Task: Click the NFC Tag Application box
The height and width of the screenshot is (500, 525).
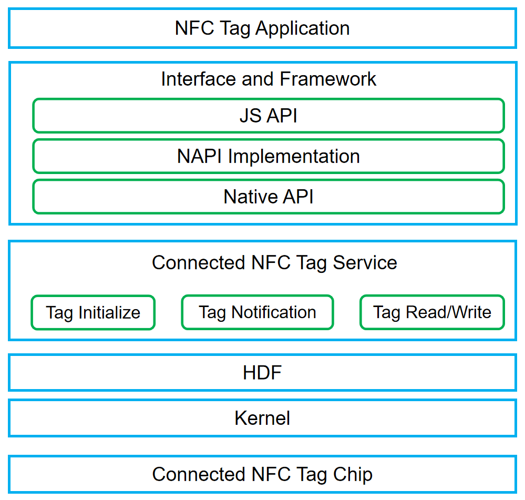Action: pos(263,28)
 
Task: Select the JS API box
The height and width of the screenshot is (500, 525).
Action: pos(269,116)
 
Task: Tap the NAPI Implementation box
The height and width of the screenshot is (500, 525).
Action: pos(269,156)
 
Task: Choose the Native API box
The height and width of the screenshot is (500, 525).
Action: pos(269,197)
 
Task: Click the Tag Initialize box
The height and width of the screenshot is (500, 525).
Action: pos(93,312)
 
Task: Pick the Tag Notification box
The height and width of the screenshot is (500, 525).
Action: pos(258,312)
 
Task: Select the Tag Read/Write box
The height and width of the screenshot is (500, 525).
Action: pos(433,312)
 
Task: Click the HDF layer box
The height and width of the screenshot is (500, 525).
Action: pos(263,372)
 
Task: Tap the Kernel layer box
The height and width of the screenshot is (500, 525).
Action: pos(263,418)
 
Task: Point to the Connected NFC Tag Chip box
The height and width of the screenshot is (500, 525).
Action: pos(263,474)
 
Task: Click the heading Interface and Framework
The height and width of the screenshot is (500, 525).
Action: pos(269,79)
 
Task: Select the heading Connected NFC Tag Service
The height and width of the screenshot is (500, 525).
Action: pos(274,262)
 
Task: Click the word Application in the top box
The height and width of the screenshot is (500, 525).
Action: pos(303,29)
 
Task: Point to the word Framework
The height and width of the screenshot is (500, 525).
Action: pos(328,79)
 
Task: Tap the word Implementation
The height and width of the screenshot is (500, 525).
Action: pos(294,156)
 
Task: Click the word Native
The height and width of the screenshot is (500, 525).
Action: pos(251,197)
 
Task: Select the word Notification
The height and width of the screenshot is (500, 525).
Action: pos(274,312)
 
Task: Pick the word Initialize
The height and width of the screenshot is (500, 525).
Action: pos(109,313)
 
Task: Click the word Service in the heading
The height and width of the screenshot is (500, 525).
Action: pos(365,262)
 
